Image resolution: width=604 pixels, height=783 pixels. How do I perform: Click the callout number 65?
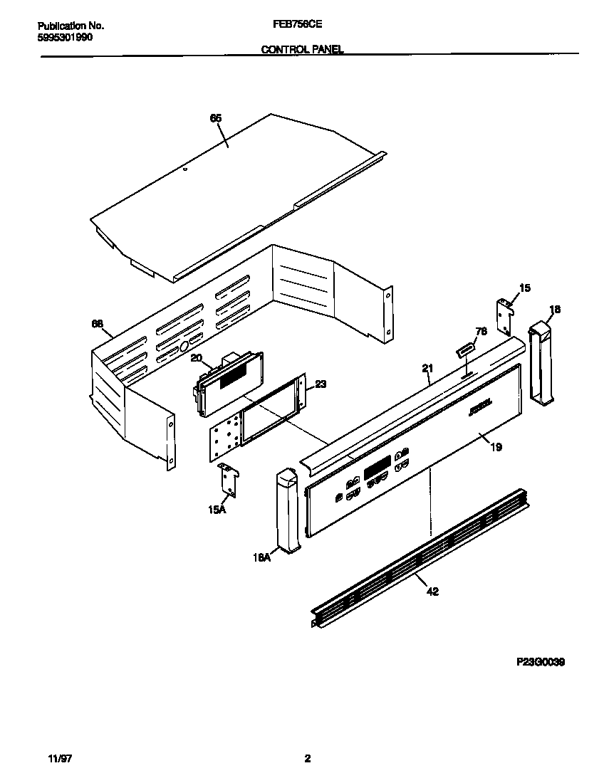coord(216,119)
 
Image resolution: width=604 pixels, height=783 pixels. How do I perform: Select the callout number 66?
coord(97,324)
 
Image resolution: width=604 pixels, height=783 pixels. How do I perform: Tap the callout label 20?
coord(197,358)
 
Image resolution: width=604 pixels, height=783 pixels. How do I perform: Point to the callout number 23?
coord(321,384)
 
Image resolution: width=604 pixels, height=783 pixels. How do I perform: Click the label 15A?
coord(217,510)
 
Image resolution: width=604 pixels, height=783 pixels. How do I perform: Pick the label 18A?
coord(262,558)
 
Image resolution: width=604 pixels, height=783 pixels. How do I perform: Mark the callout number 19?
coord(496,447)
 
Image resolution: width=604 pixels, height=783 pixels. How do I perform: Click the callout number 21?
coord(427,368)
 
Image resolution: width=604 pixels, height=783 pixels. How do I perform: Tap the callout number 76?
coord(481,331)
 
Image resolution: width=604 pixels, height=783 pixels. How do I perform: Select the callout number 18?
coord(555,309)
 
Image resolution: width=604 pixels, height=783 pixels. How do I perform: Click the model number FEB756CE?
coord(297,23)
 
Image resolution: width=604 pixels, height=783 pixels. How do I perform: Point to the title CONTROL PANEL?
coord(302,50)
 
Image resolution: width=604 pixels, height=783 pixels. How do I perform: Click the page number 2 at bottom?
coord(307,759)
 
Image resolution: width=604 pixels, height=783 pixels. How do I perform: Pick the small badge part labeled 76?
coord(465,350)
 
